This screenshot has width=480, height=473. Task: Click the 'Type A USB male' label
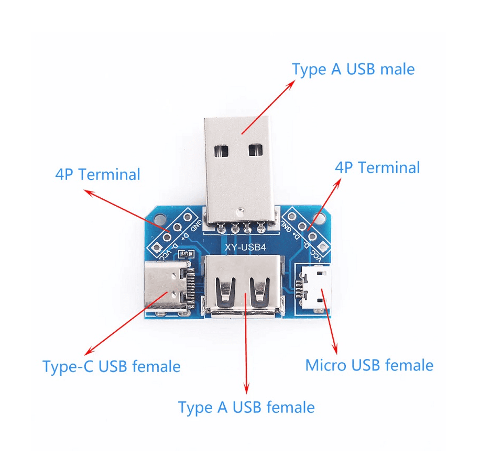(353, 69)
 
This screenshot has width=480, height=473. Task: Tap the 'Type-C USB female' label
(111, 366)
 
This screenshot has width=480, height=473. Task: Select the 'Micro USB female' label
(369, 365)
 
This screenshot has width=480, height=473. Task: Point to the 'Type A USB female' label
(246, 407)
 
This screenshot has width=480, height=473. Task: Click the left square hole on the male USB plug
(222, 151)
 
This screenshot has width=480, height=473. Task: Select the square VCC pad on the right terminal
(323, 246)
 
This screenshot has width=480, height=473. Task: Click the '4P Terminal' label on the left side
(97, 174)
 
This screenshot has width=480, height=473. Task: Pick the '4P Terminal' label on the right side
(377, 168)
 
